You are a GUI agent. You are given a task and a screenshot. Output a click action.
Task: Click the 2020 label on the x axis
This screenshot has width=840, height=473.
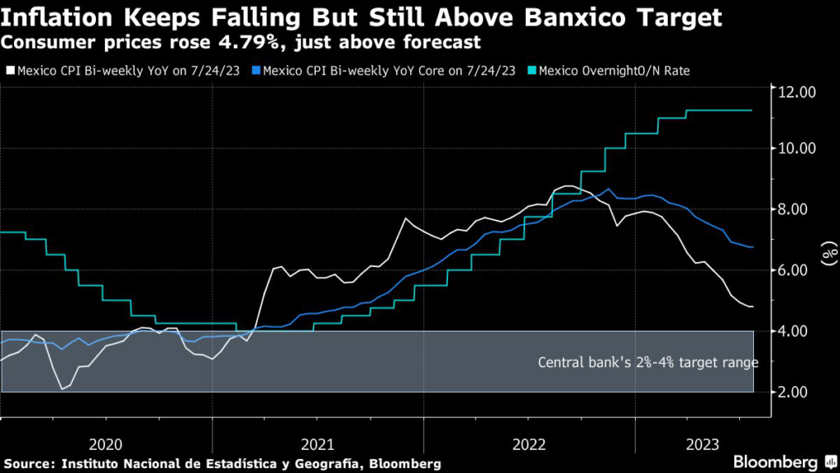[x=105, y=444]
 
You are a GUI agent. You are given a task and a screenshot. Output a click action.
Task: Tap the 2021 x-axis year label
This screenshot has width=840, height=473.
[x=317, y=444]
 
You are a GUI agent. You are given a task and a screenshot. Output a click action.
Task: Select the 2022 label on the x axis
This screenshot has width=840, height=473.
[x=530, y=444]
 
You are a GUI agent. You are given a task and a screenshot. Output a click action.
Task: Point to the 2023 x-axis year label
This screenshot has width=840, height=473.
[x=703, y=444]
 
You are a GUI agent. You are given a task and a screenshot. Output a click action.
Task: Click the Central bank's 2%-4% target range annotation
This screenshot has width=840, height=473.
[x=648, y=362]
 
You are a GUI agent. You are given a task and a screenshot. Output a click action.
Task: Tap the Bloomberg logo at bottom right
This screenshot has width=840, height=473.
[x=778, y=462]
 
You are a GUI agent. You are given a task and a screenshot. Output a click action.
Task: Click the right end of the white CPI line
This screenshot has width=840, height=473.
[x=753, y=306]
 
